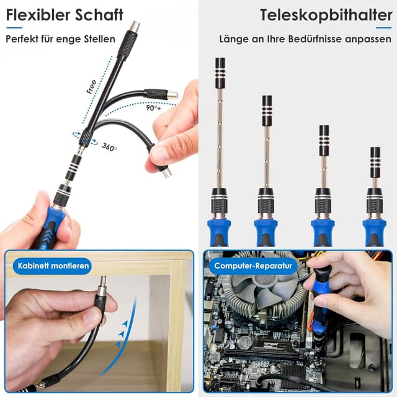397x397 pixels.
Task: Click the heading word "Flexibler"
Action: tap(36, 15)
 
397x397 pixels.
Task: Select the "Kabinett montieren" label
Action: tap(53, 267)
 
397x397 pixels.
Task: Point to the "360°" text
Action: tap(110, 148)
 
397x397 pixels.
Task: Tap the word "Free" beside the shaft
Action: tap(91, 86)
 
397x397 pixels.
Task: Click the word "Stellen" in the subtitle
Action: tap(99, 38)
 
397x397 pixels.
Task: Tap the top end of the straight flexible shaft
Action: tap(134, 27)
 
